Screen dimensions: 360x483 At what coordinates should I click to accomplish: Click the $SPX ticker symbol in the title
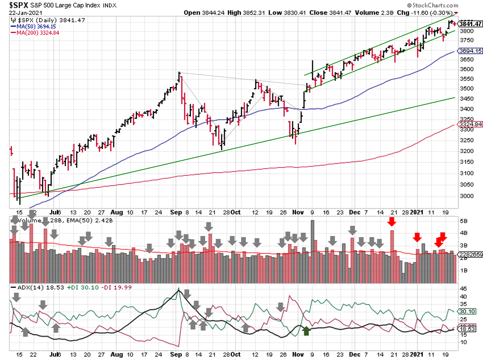(x=19, y=5)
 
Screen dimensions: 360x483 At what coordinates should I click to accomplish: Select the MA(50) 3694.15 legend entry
(x=36, y=27)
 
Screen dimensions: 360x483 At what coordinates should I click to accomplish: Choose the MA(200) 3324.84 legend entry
(x=38, y=33)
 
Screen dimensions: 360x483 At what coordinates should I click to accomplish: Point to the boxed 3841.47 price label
(x=470, y=24)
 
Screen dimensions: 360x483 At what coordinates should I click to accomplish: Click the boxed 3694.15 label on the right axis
(x=471, y=51)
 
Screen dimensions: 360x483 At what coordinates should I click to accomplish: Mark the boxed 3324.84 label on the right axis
(x=471, y=124)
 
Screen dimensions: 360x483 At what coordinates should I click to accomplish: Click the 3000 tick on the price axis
(x=467, y=196)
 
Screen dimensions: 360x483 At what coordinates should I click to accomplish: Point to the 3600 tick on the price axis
(x=467, y=69)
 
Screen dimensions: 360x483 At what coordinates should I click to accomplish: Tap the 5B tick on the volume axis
(x=464, y=221)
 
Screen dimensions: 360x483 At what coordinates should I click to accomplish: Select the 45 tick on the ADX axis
(x=463, y=289)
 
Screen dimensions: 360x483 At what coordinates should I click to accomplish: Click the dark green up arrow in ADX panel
(x=306, y=331)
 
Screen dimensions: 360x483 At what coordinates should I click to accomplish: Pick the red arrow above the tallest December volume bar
(x=392, y=221)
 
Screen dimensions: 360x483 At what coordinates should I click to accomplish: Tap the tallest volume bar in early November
(x=312, y=251)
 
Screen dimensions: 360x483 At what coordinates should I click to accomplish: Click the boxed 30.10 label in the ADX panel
(x=467, y=311)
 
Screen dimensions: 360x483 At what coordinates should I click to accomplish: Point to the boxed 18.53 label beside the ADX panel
(x=467, y=329)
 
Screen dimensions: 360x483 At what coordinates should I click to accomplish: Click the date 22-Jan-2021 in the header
(x=25, y=13)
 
